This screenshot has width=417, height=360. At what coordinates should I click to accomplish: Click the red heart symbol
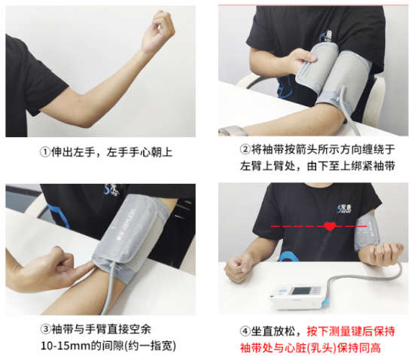pos(330,226)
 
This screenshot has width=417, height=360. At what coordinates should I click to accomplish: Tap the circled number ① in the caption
pos(45,152)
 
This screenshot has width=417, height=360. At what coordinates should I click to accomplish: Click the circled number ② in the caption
pos(245,149)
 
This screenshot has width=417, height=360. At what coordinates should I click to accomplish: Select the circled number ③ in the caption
pos(46,329)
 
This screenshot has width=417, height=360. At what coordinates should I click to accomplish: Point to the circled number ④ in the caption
pos(245,331)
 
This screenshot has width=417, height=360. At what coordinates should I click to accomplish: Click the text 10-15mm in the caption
pos(65,346)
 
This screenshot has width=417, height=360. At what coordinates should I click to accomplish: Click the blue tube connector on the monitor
pos(325,302)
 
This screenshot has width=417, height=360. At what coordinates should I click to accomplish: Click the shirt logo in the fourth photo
pos(344,209)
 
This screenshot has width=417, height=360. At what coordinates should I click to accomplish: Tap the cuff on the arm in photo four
pos(367,231)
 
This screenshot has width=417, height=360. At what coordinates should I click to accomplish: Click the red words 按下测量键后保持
pos(351,331)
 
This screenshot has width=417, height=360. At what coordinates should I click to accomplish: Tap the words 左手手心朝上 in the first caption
pos(139,152)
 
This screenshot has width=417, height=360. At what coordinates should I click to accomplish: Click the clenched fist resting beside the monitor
pos(237,267)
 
